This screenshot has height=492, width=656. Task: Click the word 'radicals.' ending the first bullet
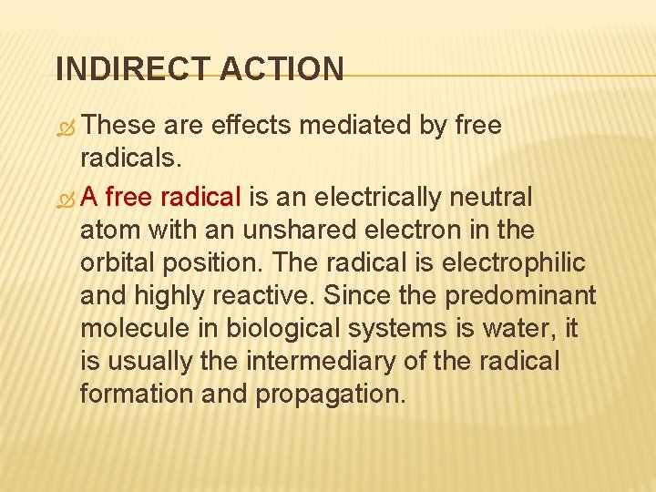pyautogui.click(x=131, y=159)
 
